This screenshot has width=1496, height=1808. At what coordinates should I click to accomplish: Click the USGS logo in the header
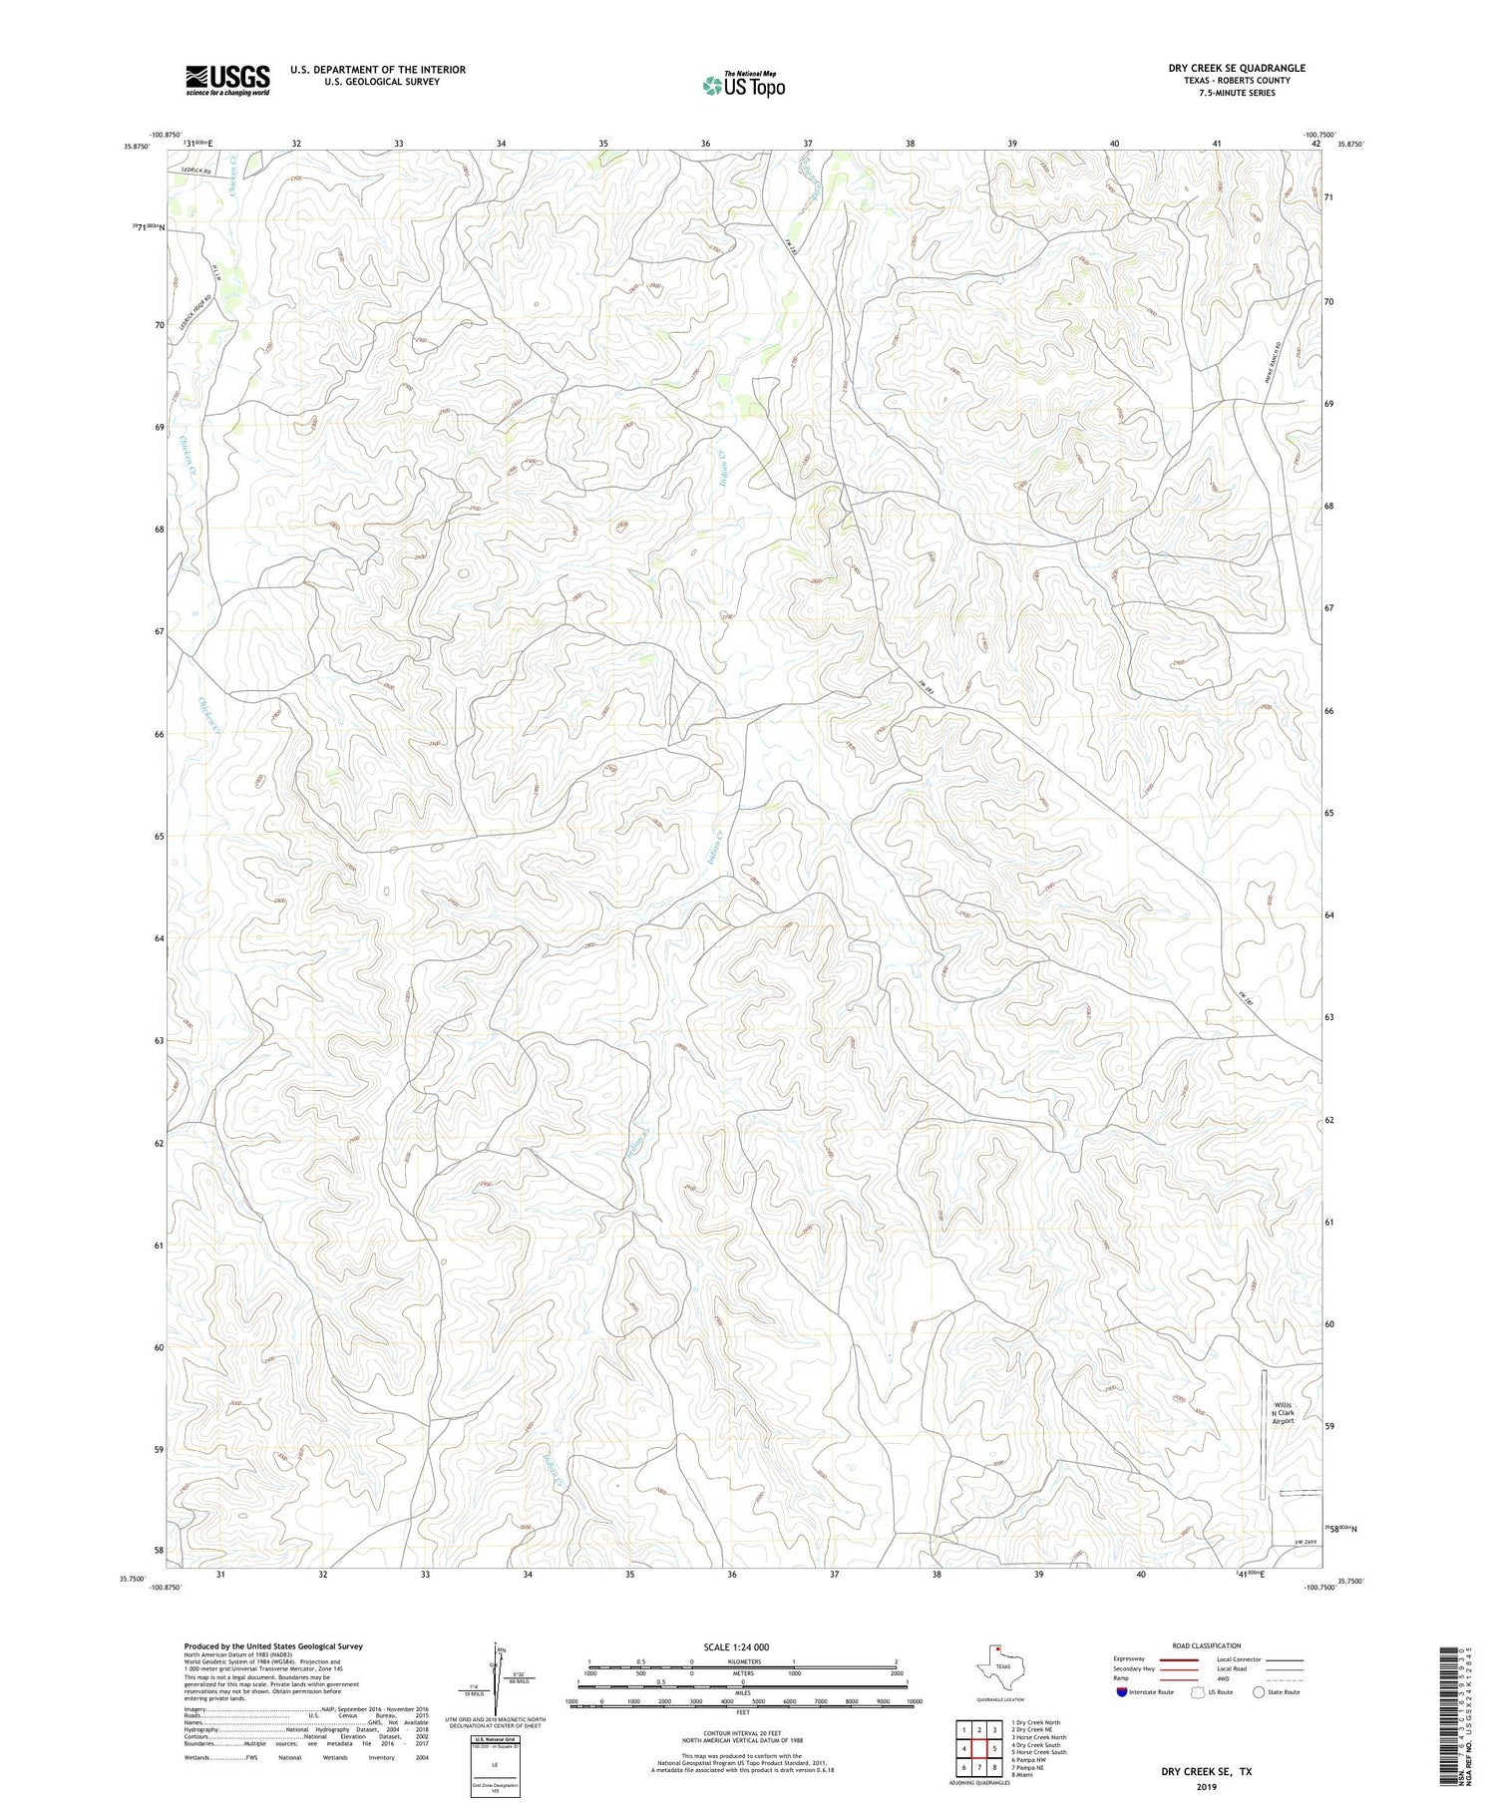click(x=226, y=81)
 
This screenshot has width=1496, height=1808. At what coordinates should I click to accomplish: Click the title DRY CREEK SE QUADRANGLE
click(x=1236, y=68)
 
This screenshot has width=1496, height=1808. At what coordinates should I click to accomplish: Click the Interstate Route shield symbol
click(x=1121, y=1692)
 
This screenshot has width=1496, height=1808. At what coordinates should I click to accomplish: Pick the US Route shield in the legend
click(x=1199, y=1692)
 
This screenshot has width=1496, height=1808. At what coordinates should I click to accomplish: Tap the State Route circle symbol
click(x=1259, y=1692)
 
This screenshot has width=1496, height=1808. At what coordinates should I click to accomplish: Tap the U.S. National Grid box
click(x=495, y=1767)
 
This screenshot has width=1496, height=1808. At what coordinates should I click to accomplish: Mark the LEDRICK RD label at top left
click(x=197, y=171)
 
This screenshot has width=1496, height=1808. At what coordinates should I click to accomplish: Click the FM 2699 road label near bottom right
click(x=1293, y=1544)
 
